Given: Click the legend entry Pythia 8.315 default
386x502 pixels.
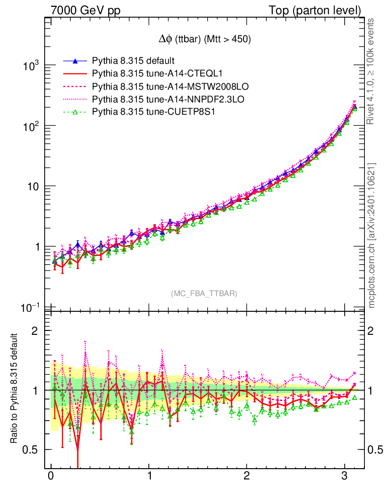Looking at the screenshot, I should click(134, 61).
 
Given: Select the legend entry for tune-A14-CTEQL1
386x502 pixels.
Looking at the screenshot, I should click(157, 74).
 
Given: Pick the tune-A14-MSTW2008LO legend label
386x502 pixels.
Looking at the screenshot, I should click(170, 87).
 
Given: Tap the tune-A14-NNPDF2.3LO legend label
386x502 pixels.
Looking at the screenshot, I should click(168, 100).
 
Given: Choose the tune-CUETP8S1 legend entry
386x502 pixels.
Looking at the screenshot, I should click(154, 112).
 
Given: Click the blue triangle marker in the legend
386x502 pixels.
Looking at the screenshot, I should click(75, 61).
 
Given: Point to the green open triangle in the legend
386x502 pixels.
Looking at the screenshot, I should click(75, 112).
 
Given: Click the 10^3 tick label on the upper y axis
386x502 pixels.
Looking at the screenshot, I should click(30, 66).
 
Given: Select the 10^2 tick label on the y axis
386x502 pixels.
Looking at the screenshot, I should click(30, 126).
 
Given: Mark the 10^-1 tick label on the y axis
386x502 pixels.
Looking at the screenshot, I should click(29, 307).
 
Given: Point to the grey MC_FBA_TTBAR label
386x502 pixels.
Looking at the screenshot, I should click(204, 294).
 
